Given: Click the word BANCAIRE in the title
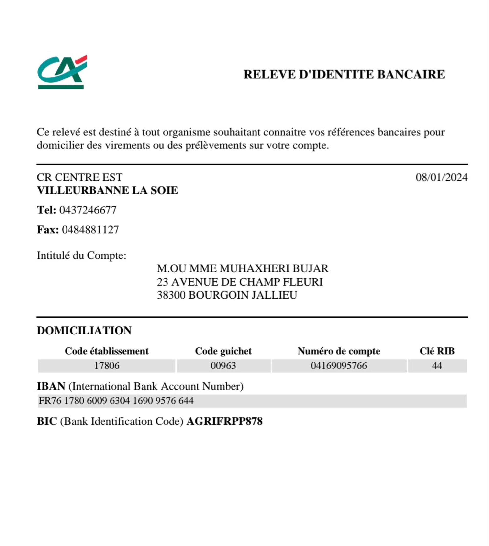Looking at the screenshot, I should click(411, 75).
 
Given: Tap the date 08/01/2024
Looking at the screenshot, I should click(441, 177).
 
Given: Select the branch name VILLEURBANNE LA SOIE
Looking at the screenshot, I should click(107, 190).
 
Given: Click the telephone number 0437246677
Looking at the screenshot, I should click(88, 210).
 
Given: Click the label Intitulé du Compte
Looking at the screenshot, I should click(81, 256).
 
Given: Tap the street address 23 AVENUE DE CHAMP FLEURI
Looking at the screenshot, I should click(240, 282).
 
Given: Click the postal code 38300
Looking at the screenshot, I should click(171, 295).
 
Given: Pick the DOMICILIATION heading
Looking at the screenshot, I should click(84, 331).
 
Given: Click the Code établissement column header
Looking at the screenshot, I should click(107, 351).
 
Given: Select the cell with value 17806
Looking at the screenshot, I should click(107, 366).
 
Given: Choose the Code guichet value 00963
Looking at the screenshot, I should click(223, 366).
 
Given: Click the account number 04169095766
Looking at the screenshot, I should click(339, 366).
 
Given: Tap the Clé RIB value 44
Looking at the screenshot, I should click(437, 366).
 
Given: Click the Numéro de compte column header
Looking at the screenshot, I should click(339, 351).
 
